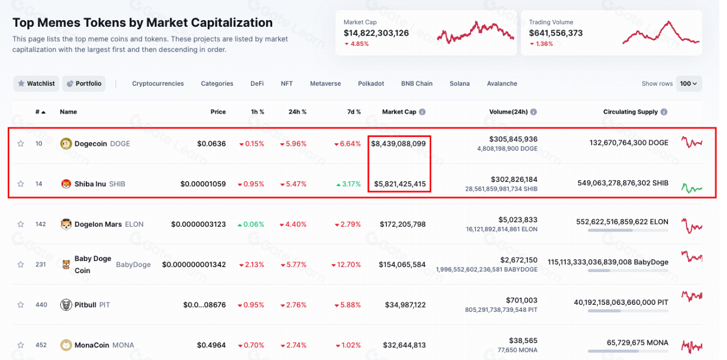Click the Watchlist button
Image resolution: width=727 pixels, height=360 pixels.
click(x=36, y=84)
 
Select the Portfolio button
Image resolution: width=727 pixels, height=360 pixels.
click(x=84, y=84)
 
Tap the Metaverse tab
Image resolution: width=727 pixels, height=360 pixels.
click(x=325, y=84)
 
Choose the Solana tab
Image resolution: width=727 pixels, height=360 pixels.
click(x=460, y=84)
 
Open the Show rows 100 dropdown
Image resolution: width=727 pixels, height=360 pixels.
click(x=689, y=84)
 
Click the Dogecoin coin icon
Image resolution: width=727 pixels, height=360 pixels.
click(x=66, y=144)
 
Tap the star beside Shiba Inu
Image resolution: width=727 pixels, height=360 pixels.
click(x=21, y=184)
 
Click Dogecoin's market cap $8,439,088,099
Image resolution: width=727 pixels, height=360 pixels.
click(x=398, y=144)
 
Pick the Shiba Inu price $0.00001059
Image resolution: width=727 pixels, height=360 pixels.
click(x=203, y=184)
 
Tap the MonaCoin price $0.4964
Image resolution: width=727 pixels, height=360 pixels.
click(x=212, y=345)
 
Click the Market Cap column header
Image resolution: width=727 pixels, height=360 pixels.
click(x=399, y=112)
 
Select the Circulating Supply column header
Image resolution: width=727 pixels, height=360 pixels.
click(x=630, y=112)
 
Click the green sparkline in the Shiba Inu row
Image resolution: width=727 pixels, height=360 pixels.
click(x=691, y=188)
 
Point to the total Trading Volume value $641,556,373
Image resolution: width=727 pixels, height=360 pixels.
click(x=555, y=33)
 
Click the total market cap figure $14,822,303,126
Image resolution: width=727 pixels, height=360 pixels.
click(x=376, y=33)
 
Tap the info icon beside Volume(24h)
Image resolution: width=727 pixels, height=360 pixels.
click(x=533, y=112)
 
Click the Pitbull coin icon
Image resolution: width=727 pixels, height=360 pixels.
click(x=66, y=305)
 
